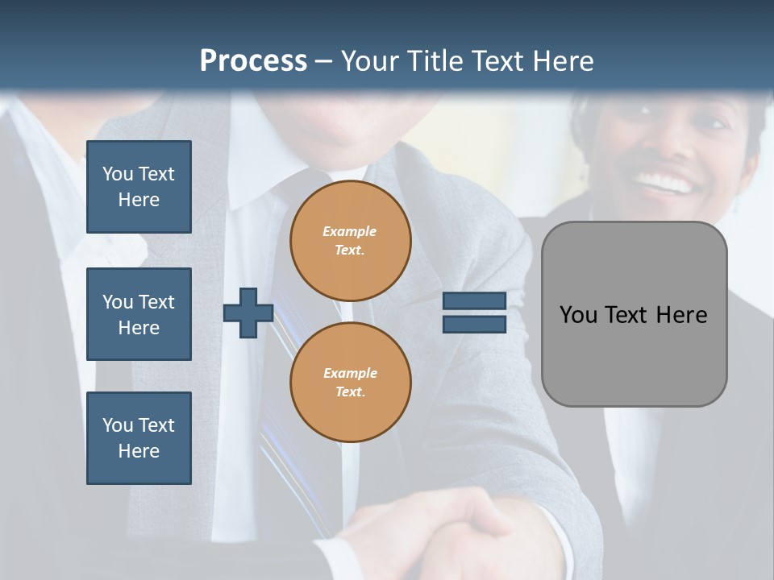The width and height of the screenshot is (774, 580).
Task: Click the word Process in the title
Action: (x=253, y=60)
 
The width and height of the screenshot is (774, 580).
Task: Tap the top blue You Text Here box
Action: (x=139, y=187)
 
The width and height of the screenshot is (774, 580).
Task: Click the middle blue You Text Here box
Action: (x=139, y=314)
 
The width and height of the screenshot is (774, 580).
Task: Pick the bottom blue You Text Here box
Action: (x=139, y=438)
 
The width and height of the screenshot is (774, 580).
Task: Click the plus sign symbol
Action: (x=248, y=313)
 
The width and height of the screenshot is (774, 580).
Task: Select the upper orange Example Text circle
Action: (x=350, y=240)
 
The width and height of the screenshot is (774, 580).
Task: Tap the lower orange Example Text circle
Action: (x=350, y=382)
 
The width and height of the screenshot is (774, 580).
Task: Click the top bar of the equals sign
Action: (x=474, y=300)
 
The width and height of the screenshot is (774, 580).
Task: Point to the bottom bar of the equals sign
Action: (x=474, y=325)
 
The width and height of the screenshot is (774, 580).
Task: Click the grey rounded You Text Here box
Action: (x=634, y=314)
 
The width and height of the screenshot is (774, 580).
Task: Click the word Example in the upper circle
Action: (x=350, y=231)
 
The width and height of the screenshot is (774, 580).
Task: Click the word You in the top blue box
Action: (x=118, y=174)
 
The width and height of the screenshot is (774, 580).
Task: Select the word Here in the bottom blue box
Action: (x=139, y=451)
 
